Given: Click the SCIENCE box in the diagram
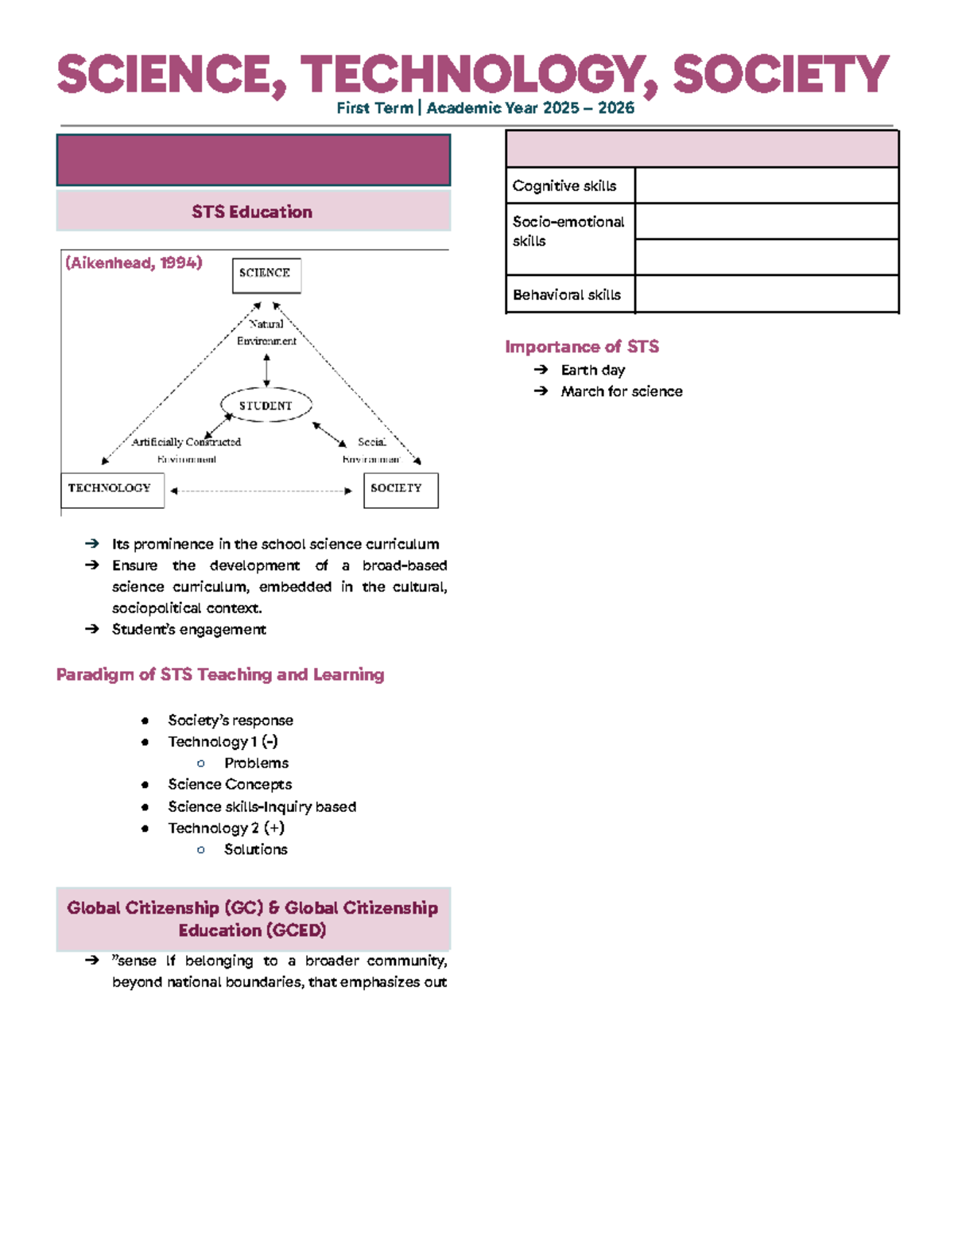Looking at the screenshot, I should pyautogui.click(x=266, y=275).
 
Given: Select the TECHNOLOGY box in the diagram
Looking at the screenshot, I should pyautogui.click(x=112, y=490).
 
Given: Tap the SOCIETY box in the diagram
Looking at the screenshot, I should pyautogui.click(x=401, y=490).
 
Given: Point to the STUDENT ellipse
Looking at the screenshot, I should pyautogui.click(x=266, y=406).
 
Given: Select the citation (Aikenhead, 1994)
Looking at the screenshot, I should pyautogui.click(x=134, y=263).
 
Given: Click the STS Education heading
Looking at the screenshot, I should pyautogui.click(x=252, y=212).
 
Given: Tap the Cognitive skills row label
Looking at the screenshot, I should pyautogui.click(x=564, y=186).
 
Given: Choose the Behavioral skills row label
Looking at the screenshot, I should pyautogui.click(x=567, y=295).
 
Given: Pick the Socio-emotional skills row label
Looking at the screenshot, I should pyautogui.click(x=568, y=231).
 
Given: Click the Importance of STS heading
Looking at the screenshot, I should pyautogui.click(x=582, y=347).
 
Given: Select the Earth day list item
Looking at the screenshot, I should pyautogui.click(x=593, y=370).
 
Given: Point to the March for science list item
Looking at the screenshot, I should pyautogui.click(x=622, y=391).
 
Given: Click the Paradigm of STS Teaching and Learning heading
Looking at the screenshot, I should pyautogui.click(x=220, y=674).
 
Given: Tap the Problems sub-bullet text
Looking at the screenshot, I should pyautogui.click(x=256, y=763).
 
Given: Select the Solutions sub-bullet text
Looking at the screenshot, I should pyautogui.click(x=256, y=849).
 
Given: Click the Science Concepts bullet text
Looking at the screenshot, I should pyautogui.click(x=230, y=784).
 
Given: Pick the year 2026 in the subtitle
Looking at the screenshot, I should pyautogui.click(x=616, y=108).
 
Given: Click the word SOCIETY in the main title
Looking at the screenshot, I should pyautogui.click(x=781, y=75).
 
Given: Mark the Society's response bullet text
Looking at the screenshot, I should pyautogui.click(x=231, y=720).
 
